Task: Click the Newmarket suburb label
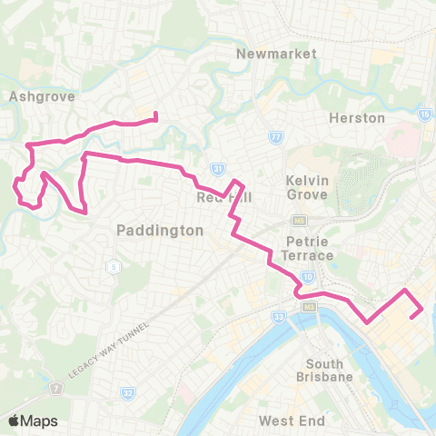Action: point(276,54)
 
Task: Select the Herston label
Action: point(356,118)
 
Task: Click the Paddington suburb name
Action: point(160,231)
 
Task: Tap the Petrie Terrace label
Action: point(309,248)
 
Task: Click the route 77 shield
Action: point(276,137)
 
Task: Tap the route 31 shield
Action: point(217,169)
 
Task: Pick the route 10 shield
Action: point(308,275)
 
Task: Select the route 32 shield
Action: point(126,392)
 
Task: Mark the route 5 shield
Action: point(113,266)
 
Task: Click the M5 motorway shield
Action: point(297,220)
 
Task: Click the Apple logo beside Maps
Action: point(15,421)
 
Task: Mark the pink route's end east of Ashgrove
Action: point(156,115)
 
